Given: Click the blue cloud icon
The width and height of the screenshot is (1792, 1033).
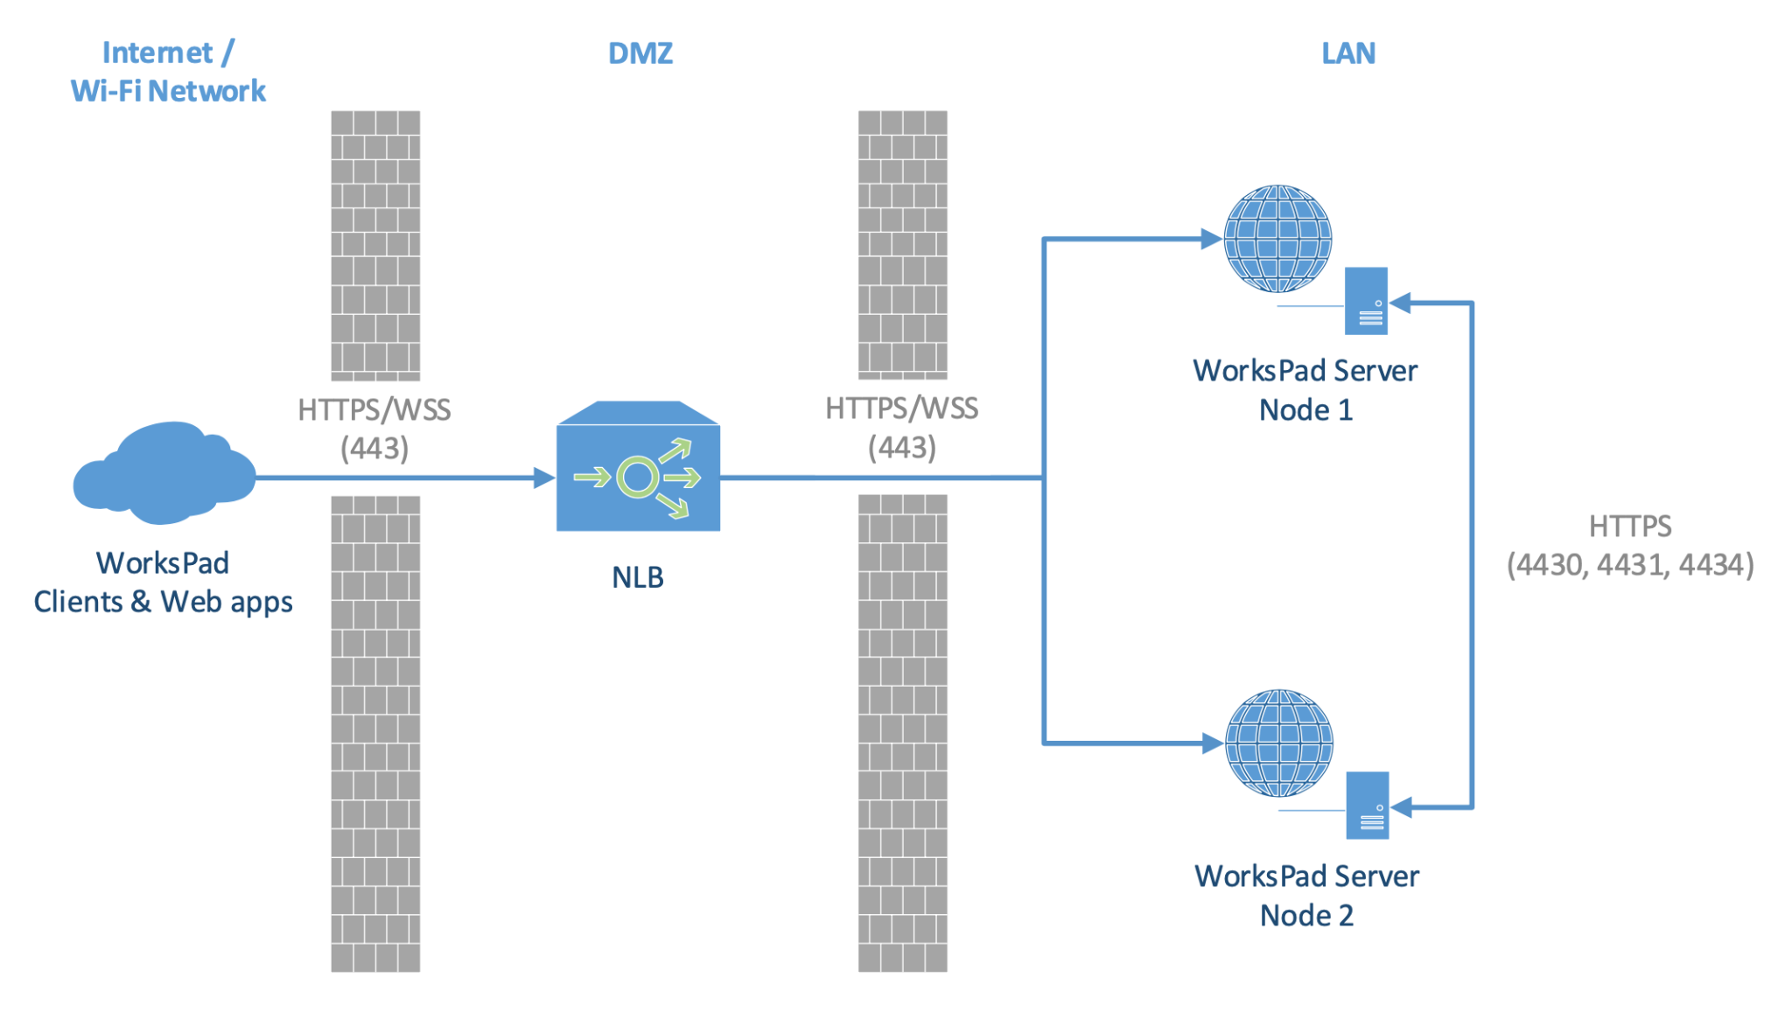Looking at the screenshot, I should [164, 473].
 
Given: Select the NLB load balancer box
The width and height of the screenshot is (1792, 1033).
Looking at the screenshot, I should [638, 467].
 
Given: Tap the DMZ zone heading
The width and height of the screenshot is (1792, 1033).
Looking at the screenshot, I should [640, 53].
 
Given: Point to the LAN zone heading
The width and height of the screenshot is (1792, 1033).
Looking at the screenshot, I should [1347, 53].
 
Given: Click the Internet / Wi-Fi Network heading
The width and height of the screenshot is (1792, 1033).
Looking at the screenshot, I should [168, 72].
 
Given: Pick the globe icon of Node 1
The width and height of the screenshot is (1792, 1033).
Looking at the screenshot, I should [1277, 238].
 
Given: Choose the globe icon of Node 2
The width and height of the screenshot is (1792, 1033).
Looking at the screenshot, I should [1278, 743].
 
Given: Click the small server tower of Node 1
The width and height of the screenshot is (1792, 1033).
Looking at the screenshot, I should [1366, 301].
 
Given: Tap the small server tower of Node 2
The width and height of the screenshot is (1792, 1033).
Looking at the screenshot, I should [1367, 806].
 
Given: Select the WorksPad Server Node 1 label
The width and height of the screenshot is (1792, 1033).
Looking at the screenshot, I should [1305, 390].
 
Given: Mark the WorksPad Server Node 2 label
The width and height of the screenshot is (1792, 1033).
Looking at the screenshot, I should [1306, 895].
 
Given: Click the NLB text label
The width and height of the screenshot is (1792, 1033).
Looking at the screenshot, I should [637, 577].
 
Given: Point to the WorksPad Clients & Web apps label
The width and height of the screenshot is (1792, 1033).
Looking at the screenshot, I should [163, 583].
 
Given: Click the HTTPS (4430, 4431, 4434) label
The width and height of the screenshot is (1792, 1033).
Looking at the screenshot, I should [1629, 546].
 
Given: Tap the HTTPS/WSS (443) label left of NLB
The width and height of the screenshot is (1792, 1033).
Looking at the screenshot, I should [374, 429].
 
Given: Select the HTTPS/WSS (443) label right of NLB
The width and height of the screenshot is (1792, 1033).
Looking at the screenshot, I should [901, 428].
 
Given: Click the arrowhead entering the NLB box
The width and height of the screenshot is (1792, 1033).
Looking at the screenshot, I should [544, 478].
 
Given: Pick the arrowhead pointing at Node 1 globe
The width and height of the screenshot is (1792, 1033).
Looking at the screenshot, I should [1211, 239].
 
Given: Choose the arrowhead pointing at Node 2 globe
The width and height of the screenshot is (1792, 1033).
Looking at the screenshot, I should [1212, 743].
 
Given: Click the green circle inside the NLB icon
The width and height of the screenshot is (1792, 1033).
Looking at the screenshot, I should [637, 478].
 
